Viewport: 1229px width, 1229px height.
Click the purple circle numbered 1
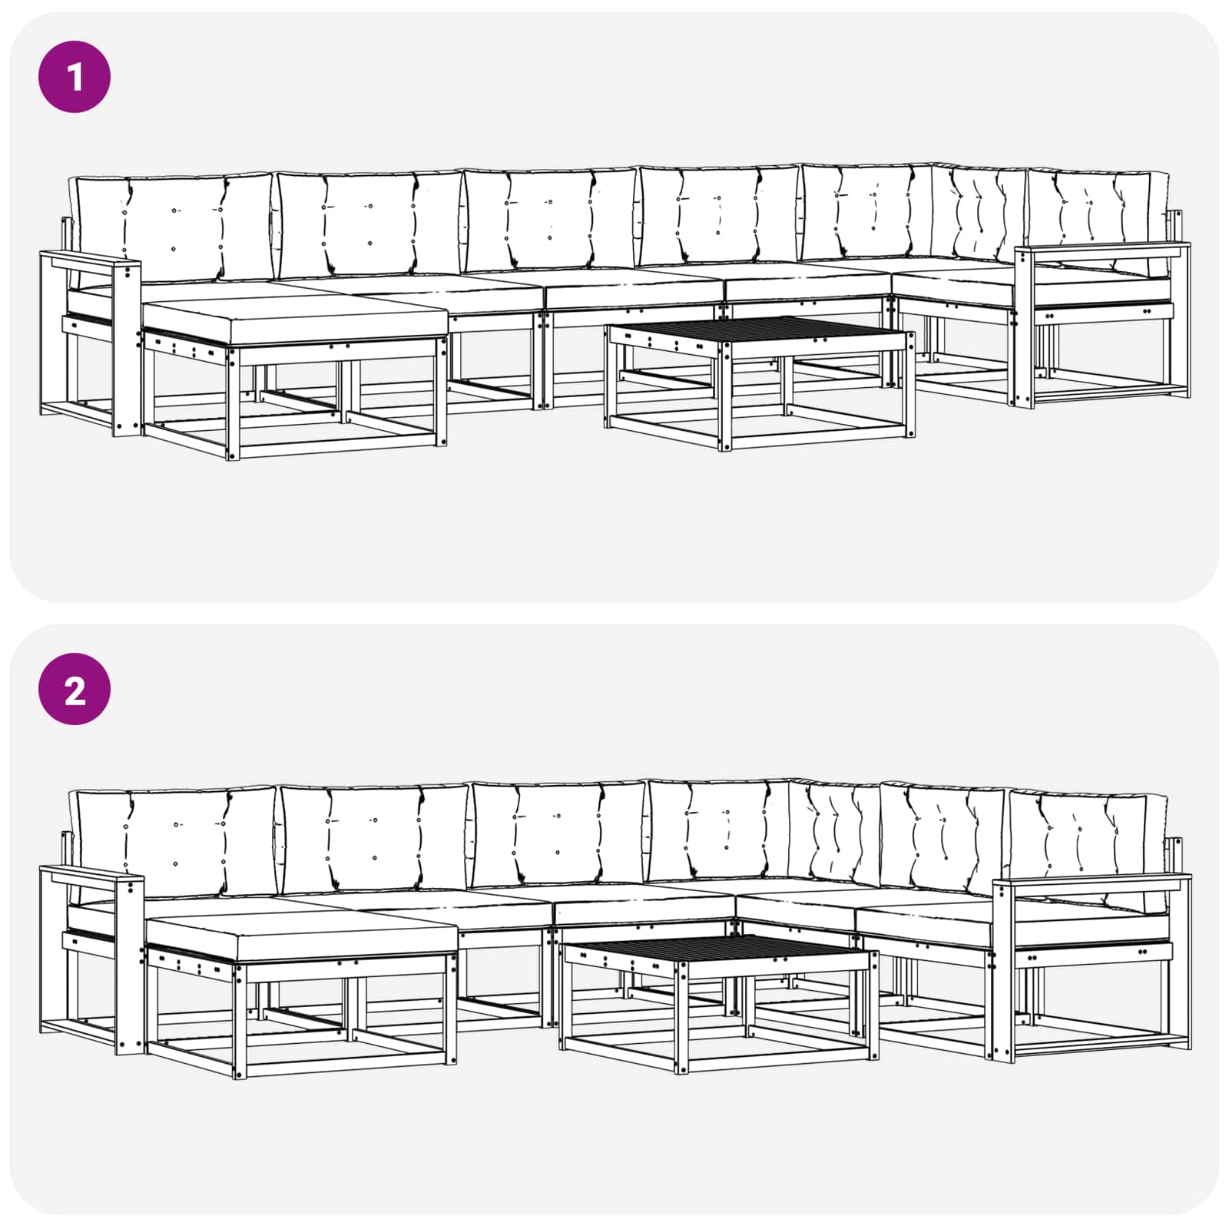click(x=75, y=77)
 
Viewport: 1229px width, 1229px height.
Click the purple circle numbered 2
click(x=75, y=689)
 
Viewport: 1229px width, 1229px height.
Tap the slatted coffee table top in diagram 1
click(x=760, y=331)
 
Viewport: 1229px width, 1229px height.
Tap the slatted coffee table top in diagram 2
click(x=716, y=954)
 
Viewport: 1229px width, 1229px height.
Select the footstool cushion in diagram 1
click(x=295, y=320)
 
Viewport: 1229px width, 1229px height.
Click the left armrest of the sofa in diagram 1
click(x=91, y=261)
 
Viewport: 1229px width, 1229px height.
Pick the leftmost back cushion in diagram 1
click(x=173, y=229)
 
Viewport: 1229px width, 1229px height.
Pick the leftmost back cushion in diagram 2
click(x=174, y=843)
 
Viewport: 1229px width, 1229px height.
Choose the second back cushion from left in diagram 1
click(x=369, y=224)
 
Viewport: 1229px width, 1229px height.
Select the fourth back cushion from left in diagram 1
click(x=720, y=216)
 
